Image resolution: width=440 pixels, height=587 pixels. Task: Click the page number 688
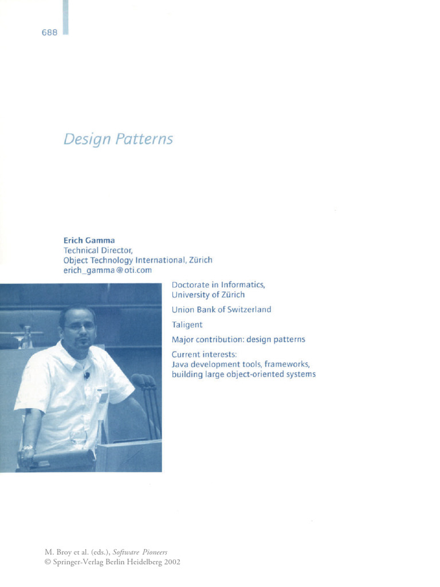[x=49, y=33]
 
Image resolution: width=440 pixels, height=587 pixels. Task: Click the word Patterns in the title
[x=144, y=139]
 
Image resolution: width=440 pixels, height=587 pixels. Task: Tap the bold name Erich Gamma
[x=89, y=241]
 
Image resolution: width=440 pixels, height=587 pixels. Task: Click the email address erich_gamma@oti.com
[x=107, y=271]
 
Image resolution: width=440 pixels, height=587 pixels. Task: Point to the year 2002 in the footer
[x=171, y=562]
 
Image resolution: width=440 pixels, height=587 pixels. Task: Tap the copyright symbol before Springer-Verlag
[x=48, y=562]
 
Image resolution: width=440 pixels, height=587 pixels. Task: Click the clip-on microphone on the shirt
[x=87, y=375]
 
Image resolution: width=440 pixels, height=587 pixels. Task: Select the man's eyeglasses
[x=80, y=326]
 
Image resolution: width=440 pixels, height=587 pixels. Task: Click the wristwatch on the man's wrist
[x=27, y=447]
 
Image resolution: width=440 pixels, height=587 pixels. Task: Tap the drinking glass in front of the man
[x=78, y=437]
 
